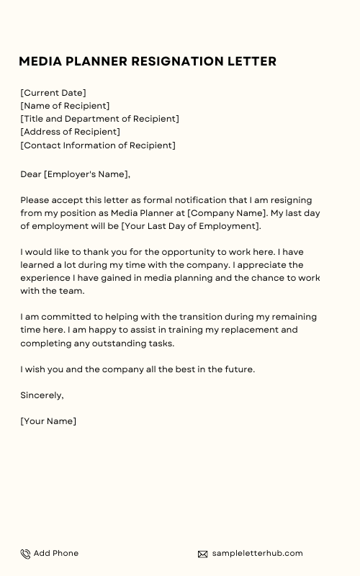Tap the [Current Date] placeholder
(53, 93)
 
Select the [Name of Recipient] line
(65, 106)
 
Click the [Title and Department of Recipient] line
(99, 119)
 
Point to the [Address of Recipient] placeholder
(70, 132)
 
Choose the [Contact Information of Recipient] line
(98, 145)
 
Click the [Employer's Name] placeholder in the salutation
(86, 174)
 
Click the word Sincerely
(42, 395)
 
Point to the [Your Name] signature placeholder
(48, 421)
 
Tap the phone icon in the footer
(25, 554)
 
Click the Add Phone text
(56, 553)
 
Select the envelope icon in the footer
(203, 554)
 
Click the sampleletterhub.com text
(257, 553)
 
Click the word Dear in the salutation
(31, 174)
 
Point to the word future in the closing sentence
(236, 369)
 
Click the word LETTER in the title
(254, 62)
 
